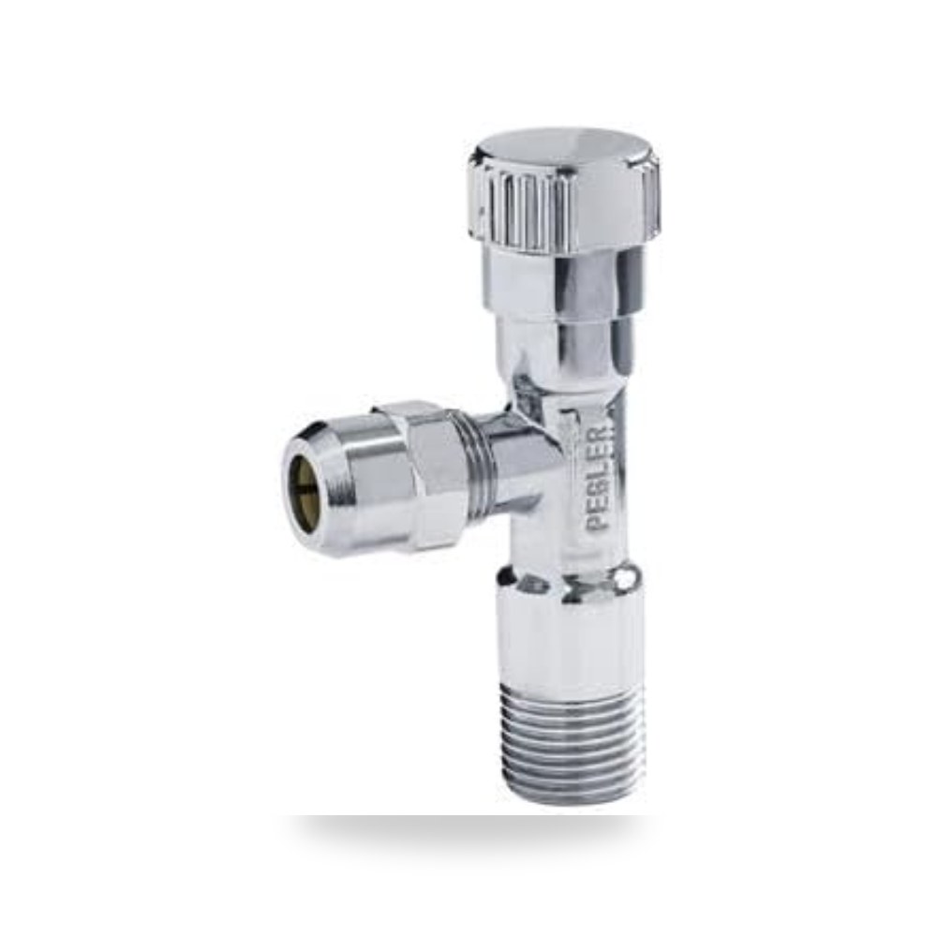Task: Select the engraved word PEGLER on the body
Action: [598, 478]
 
